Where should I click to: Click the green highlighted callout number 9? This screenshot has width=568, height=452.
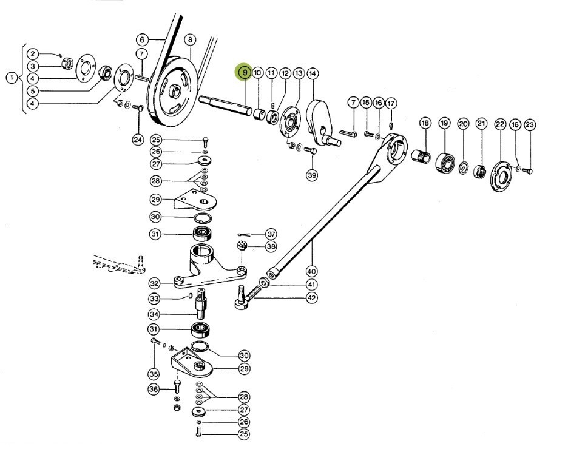(245, 72)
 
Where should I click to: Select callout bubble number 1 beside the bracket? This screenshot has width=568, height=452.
(12, 78)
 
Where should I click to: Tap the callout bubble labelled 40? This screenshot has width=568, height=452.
(311, 271)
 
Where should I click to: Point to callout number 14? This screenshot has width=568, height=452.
(313, 73)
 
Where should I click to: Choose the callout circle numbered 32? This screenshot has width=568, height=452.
(154, 283)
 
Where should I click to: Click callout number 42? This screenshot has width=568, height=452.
(311, 298)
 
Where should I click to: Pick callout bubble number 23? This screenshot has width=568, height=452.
(530, 125)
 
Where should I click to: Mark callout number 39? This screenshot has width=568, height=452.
(311, 175)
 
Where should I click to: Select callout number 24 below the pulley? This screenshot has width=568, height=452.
(138, 140)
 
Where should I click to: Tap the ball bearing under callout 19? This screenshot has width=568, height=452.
(445, 163)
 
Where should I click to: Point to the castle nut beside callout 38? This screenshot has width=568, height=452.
(242, 246)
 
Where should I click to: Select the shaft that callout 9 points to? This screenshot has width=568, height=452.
(225, 105)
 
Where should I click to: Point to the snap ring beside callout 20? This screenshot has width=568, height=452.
(463, 167)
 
